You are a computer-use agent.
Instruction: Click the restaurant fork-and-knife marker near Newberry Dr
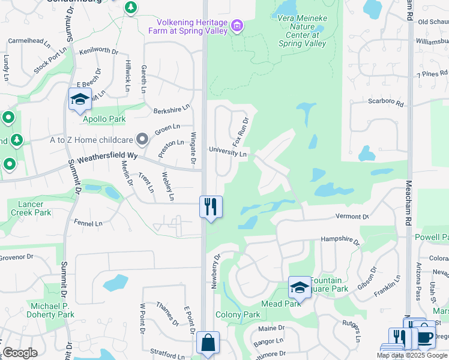(211, 207)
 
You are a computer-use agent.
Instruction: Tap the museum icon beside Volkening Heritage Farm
(237, 25)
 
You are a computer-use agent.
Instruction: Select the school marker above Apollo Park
(79, 99)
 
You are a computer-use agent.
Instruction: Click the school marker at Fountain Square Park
(300, 287)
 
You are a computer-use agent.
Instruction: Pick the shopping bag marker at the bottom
(208, 344)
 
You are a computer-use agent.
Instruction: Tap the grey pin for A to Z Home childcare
(142, 140)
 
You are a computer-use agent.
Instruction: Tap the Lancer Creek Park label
(31, 208)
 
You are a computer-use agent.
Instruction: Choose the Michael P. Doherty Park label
(52, 310)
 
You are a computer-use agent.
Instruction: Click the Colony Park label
(238, 314)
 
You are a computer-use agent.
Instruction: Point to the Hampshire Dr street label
(340, 241)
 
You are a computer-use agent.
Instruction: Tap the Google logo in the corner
(20, 353)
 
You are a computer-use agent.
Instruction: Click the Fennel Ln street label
(90, 224)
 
